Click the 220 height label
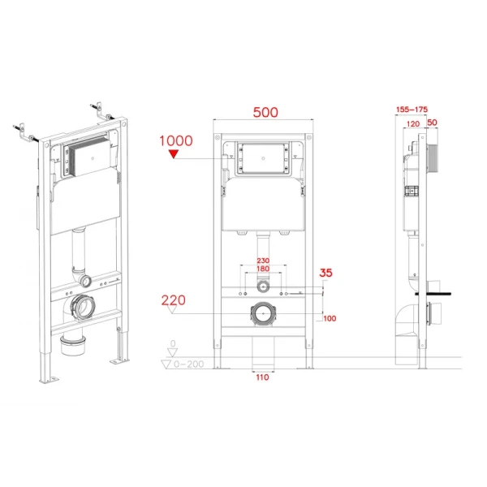(174, 300)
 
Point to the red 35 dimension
(326, 274)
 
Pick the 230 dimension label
(262, 261)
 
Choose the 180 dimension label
(262, 269)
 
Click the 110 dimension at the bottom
(261, 377)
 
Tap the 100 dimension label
(330, 318)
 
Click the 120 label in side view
(413, 123)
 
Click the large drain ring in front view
(262, 312)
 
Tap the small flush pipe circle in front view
(262, 287)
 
